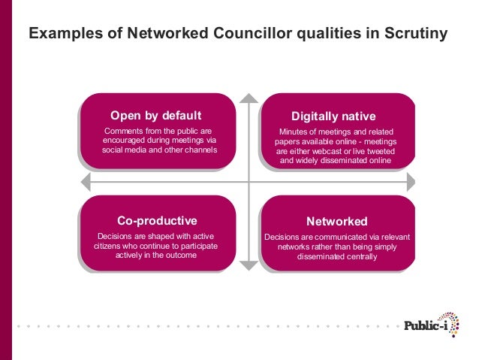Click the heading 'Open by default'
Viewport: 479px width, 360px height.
pyautogui.click(x=156, y=116)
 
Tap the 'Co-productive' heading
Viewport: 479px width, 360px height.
pyautogui.click(x=157, y=220)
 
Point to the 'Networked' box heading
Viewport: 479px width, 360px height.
pyautogui.click(x=336, y=222)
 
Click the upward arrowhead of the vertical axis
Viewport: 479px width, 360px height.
pyautogui.click(x=249, y=98)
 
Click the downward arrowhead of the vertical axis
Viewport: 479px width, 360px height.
pyautogui.click(x=249, y=265)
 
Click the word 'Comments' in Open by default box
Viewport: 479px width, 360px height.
pyautogui.click(x=123, y=132)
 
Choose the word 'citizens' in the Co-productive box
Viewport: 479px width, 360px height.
pyautogui.click(x=111, y=246)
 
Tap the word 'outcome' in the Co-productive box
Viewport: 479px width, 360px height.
pyautogui.click(x=181, y=255)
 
